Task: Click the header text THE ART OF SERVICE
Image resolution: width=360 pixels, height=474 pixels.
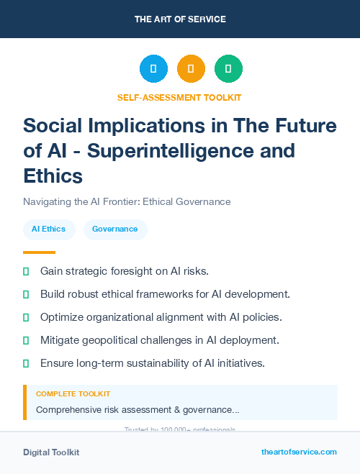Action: [x=179, y=19]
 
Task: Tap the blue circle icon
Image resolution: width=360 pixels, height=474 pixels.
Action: [x=153, y=69]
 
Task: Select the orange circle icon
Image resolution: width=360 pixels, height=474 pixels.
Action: [x=191, y=69]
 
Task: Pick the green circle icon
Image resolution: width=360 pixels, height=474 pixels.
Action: [x=228, y=69]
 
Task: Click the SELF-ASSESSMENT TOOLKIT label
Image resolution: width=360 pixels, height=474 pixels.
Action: [x=179, y=97]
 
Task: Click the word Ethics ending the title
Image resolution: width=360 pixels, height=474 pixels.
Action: [x=53, y=176]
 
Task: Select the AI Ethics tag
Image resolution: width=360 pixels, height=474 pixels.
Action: [x=49, y=229]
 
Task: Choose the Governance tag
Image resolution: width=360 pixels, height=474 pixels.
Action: [x=115, y=229]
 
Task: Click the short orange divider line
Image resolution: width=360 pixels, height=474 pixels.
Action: [x=39, y=252]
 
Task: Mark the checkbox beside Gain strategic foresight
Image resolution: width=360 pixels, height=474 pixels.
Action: [x=26, y=271]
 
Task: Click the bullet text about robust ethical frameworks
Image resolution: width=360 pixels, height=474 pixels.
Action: [x=165, y=294]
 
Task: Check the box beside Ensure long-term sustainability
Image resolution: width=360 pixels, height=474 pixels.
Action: [x=26, y=363]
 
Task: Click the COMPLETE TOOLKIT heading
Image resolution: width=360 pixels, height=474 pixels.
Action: [x=73, y=394]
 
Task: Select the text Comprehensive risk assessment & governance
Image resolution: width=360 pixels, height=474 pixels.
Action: [x=138, y=409]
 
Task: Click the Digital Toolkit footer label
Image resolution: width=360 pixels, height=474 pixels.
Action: [x=51, y=452]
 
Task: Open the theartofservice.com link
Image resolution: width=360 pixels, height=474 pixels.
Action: [x=299, y=452]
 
